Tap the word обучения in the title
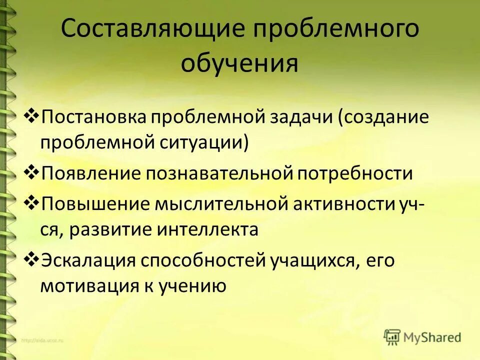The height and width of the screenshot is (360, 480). [x=239, y=64]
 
